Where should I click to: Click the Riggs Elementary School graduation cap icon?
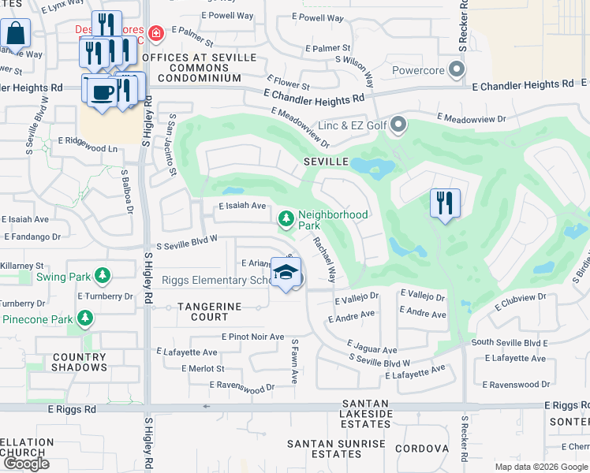286,273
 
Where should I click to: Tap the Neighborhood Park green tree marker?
286,218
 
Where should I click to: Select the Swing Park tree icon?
101,276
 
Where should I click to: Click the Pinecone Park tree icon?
85,318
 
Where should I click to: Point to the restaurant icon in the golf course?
445,203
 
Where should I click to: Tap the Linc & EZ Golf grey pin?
399,125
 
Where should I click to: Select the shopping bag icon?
15,33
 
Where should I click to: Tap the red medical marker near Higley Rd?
156,32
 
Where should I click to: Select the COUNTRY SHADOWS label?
80,362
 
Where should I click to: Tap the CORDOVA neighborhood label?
421,449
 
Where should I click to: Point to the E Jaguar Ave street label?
373,348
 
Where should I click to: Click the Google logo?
26,464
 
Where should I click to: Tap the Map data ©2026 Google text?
540,467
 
